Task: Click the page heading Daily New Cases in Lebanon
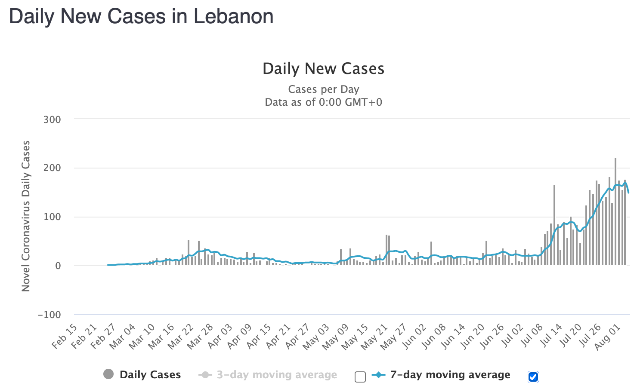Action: coord(141,17)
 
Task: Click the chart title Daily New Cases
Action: coord(323,69)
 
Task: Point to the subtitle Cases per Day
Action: coord(323,89)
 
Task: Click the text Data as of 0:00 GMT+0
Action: coord(323,102)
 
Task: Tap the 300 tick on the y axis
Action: coord(52,119)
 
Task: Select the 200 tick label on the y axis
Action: coord(52,168)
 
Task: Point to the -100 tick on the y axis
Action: coord(49,315)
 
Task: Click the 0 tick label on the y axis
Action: coord(58,266)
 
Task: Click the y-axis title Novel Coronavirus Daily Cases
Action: coord(26,216)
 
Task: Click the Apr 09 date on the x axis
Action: coord(239,337)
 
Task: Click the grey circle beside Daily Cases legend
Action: coord(108,374)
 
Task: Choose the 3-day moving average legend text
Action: coord(277,375)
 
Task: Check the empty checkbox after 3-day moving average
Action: coord(360,377)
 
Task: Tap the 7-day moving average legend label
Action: coord(450,375)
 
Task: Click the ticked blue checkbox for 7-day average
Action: coord(533,377)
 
